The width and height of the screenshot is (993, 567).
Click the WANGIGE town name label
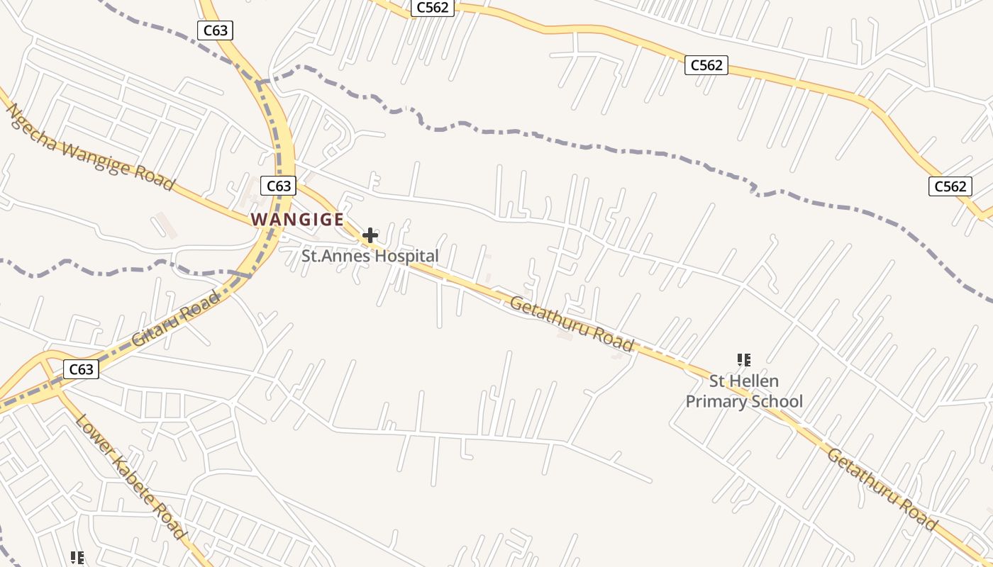pyautogui.click(x=297, y=220)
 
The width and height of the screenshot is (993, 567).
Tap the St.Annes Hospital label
pyautogui.click(x=370, y=256)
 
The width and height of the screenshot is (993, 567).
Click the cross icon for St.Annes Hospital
pyautogui.click(x=370, y=235)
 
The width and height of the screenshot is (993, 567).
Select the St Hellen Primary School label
pyautogui.click(x=744, y=391)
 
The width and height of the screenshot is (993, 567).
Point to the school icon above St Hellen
pyautogui.click(x=743, y=360)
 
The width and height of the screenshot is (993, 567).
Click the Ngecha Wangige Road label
pyautogui.click(x=90, y=147)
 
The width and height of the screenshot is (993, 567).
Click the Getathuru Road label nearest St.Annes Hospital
pyautogui.click(x=571, y=324)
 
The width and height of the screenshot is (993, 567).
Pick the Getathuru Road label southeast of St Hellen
pyautogui.click(x=882, y=490)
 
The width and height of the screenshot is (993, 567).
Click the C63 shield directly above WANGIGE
pyautogui.click(x=278, y=186)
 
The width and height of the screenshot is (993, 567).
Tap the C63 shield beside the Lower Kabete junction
pyautogui.click(x=81, y=369)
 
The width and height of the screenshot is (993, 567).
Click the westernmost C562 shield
pyautogui.click(x=432, y=8)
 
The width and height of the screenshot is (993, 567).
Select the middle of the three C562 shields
pyautogui.click(x=706, y=65)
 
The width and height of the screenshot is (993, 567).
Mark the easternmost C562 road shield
pyautogui.click(x=950, y=186)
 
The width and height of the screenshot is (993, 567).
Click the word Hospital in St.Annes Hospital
pyautogui.click(x=406, y=256)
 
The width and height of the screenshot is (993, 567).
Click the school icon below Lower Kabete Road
pyautogui.click(x=77, y=558)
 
